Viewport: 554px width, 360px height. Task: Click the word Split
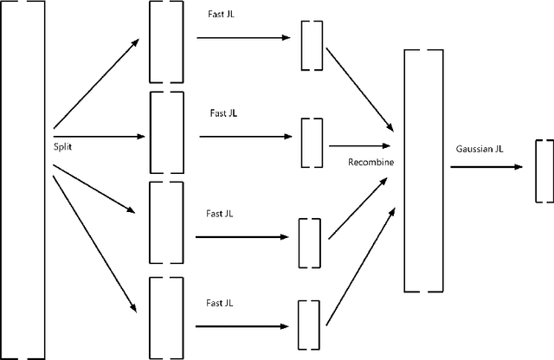click(x=63, y=148)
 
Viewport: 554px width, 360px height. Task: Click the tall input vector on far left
click(x=23, y=180)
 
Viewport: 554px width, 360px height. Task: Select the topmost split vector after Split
click(x=166, y=42)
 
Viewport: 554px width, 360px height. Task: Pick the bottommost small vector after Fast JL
click(x=309, y=325)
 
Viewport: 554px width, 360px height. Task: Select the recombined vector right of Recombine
click(x=424, y=171)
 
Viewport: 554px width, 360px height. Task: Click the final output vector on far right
click(x=544, y=170)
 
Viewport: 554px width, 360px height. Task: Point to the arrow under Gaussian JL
click(x=485, y=166)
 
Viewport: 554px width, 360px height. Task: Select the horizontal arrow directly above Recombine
click(x=360, y=146)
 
